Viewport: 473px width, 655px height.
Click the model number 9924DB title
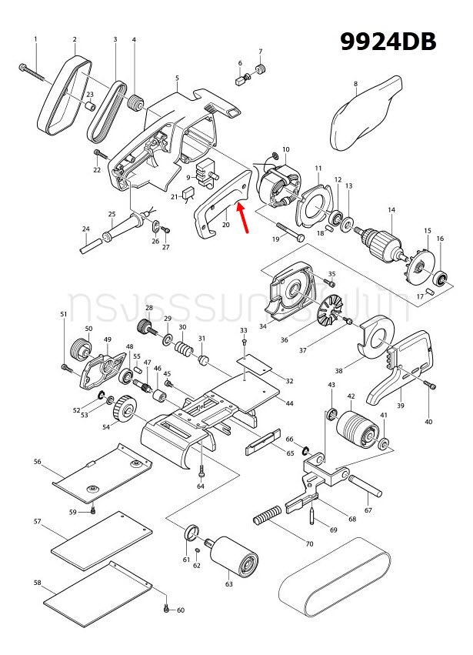tap(388, 41)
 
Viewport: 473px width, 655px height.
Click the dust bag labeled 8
tap(365, 116)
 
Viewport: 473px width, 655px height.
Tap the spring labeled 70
tap(270, 518)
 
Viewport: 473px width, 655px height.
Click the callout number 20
tap(226, 225)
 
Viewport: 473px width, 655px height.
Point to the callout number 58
tap(37, 583)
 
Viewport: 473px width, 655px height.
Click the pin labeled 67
tap(365, 487)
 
